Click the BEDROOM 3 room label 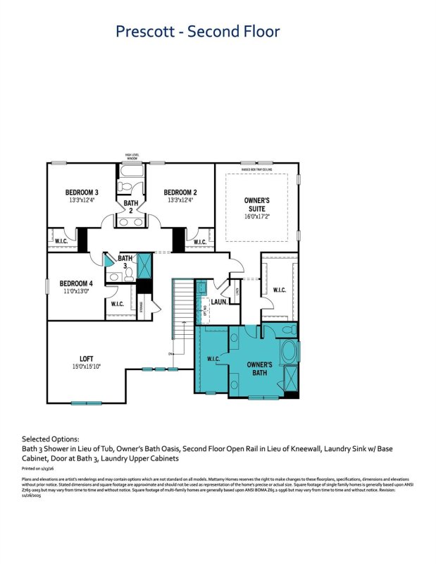point(82,192)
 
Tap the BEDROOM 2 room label point(180,192)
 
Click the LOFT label point(86,358)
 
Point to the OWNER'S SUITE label point(257,205)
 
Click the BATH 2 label point(131,207)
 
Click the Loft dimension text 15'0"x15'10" point(86,366)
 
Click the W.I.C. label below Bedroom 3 point(61,241)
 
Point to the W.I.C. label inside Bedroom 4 point(117,304)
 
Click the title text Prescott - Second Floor point(197,32)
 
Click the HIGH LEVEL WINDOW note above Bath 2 point(131,156)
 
